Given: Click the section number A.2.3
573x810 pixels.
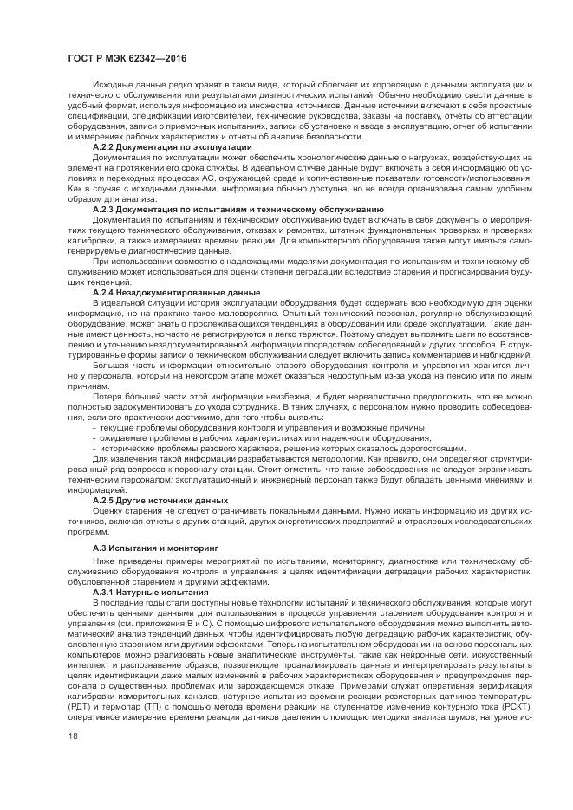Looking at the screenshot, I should tap(103, 211).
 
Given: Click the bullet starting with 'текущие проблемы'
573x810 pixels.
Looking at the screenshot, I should tap(261, 430).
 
